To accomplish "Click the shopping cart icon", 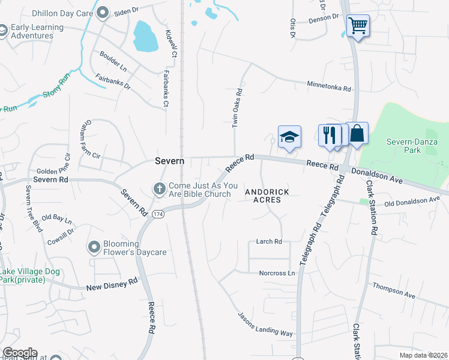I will point(358,26).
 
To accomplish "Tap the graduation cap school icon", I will point(289,136).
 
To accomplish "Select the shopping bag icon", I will point(357,133).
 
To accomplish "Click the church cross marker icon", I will point(160,189).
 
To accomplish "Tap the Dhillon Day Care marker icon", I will point(103,12).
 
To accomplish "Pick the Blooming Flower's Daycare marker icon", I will point(94,247).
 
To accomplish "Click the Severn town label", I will point(170,161).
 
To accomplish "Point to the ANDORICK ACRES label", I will point(267,196).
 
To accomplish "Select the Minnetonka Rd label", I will point(329,86).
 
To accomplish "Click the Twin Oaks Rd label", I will point(237,109).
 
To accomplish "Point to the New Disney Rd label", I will point(112,283).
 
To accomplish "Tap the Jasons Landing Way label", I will point(265,324).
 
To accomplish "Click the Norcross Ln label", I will point(277,273).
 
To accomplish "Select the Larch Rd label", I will point(269,242).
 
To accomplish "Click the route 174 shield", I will point(158,215).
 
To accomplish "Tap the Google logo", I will point(20,353).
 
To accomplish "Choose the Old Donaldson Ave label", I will point(412,202).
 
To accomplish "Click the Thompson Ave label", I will point(394,291).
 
